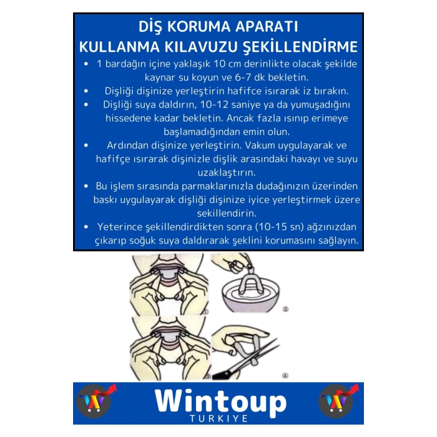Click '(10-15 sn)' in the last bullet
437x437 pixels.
click(x=270, y=227)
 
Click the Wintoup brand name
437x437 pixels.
click(x=220, y=401)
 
